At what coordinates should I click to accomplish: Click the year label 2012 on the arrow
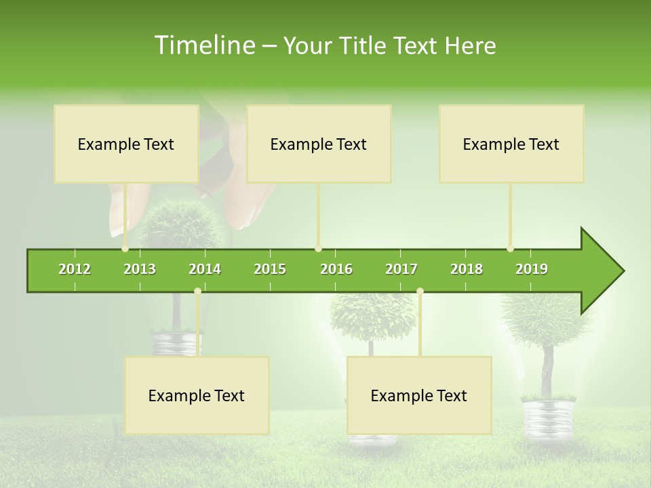pos(75,269)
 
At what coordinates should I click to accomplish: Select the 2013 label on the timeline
pos(140,269)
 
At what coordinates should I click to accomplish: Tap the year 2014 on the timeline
pos(205,269)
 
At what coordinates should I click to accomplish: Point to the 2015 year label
pos(270,269)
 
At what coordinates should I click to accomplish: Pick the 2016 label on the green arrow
pos(336,269)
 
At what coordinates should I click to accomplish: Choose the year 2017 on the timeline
pos(401,269)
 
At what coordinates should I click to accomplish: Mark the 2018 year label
pos(467,269)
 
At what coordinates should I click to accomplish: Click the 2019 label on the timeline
pos(532,269)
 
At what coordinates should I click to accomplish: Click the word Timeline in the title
pos(204,45)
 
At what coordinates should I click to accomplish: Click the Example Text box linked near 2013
pos(126,144)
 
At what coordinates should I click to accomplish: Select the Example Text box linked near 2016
pos(319,144)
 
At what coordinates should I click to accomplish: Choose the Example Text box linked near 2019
pos(511,144)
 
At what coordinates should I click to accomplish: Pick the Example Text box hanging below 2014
pos(197,395)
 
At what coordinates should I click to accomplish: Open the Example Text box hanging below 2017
pos(419,395)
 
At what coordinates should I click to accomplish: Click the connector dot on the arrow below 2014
pos(197,291)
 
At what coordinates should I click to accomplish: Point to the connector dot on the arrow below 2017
pos(420,291)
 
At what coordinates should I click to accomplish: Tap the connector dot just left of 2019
pos(510,249)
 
